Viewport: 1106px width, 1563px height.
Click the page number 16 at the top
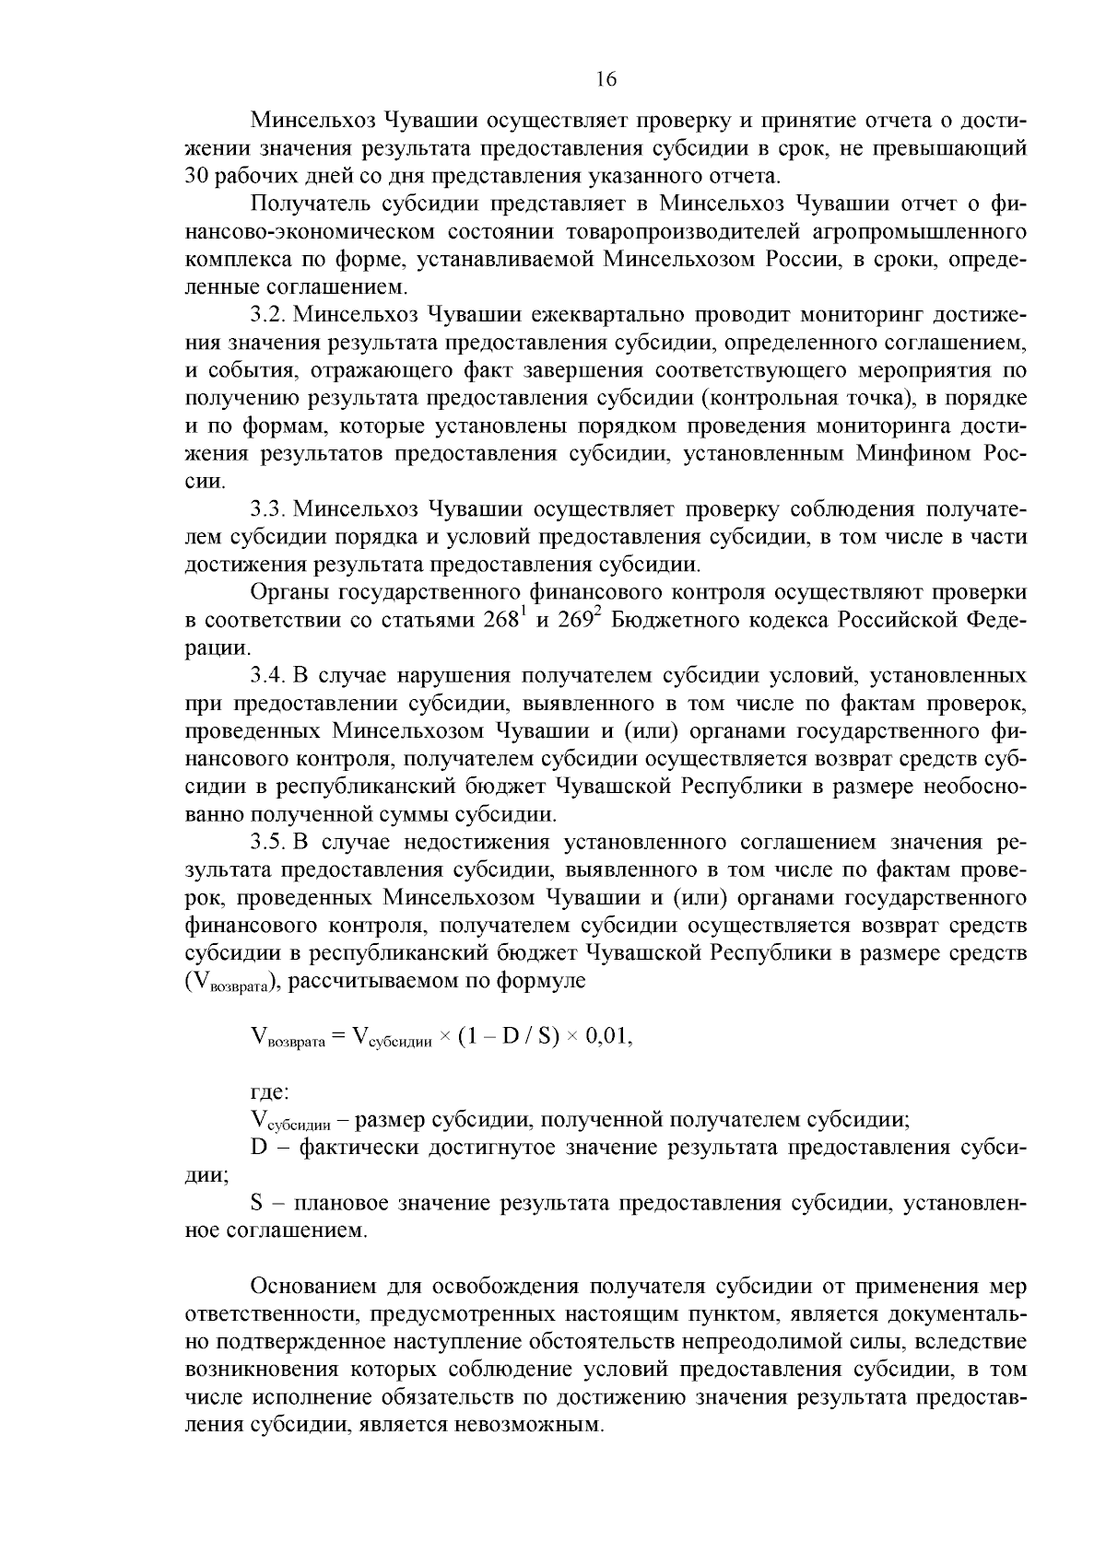tap(606, 79)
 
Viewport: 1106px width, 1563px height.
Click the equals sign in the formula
tap(337, 1037)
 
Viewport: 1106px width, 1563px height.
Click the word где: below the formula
tap(270, 1093)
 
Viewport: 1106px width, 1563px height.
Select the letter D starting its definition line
tap(258, 1148)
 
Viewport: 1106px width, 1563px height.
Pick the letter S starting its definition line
tap(257, 1203)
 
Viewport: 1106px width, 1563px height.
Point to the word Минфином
tap(912, 454)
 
